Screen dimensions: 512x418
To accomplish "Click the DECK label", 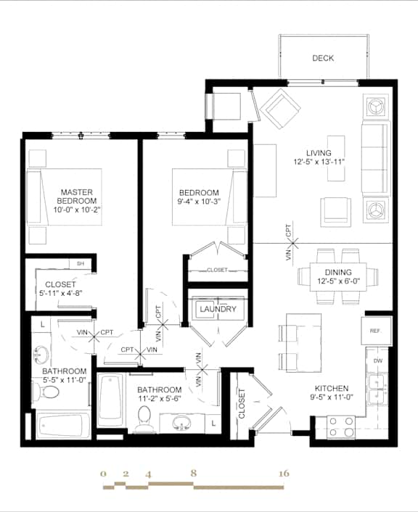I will [x=323, y=58].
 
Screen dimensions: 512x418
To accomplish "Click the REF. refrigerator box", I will [x=376, y=331].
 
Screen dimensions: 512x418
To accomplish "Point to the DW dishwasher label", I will [x=378, y=360].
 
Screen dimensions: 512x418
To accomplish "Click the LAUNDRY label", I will [x=217, y=309].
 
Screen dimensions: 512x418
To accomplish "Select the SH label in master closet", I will [x=81, y=263].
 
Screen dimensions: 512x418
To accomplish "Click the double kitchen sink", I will [x=376, y=390].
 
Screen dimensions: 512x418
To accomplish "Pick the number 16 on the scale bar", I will [x=284, y=474].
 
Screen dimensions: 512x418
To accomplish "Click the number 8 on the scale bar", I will [x=193, y=474].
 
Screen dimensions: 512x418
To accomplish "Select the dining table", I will [x=339, y=276].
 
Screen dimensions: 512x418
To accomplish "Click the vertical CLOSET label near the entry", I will [x=242, y=403].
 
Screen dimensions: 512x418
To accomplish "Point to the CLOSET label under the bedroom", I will [x=217, y=270].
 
